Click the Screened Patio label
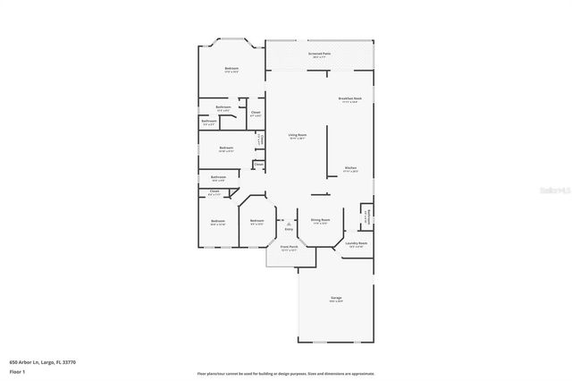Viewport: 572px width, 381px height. pyautogui.click(x=319, y=55)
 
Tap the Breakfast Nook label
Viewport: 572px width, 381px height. pyautogui.click(x=349, y=99)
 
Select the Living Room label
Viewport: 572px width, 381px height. pyautogui.click(x=297, y=136)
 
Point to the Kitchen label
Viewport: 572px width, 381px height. pyautogui.click(x=350, y=168)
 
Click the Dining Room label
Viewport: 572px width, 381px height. pyautogui.click(x=320, y=220)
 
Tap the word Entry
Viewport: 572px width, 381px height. pyautogui.click(x=289, y=229)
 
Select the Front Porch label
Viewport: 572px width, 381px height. pyautogui.click(x=289, y=246)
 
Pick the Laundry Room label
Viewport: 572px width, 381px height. pyautogui.click(x=357, y=243)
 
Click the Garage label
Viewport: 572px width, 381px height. pyautogui.click(x=336, y=298)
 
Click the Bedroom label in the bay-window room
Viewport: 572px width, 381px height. pyautogui.click(x=231, y=69)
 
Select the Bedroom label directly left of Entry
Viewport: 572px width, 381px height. pyautogui.click(x=257, y=221)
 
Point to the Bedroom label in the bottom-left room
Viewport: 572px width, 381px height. pyautogui.click(x=218, y=221)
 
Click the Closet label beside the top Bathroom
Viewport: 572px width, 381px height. pyautogui.click(x=255, y=113)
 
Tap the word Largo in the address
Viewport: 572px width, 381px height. pyautogui.click(x=48, y=362)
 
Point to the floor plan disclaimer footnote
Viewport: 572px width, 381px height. pyautogui.click(x=286, y=373)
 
